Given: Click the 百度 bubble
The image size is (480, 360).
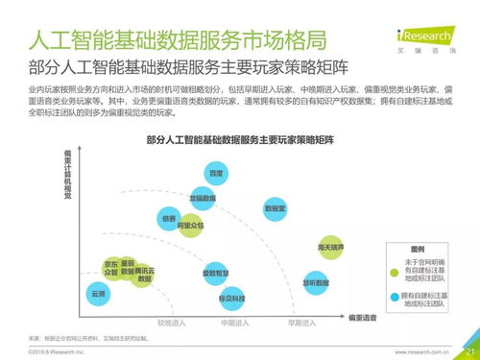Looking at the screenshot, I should [216, 173].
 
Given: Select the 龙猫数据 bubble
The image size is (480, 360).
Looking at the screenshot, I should [202, 199].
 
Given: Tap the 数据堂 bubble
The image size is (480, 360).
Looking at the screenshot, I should [275, 208].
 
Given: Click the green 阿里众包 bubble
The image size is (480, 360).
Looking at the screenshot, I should [193, 226].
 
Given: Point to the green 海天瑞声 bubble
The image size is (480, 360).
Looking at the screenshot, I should [331, 248].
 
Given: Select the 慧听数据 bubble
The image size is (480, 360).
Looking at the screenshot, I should [316, 283].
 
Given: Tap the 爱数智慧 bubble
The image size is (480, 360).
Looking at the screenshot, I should [215, 274].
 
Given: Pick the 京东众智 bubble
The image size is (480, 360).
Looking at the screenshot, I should [111, 268].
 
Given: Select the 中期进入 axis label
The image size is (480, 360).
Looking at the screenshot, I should [233, 323].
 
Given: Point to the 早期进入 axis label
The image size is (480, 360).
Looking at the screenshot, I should [300, 323].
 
